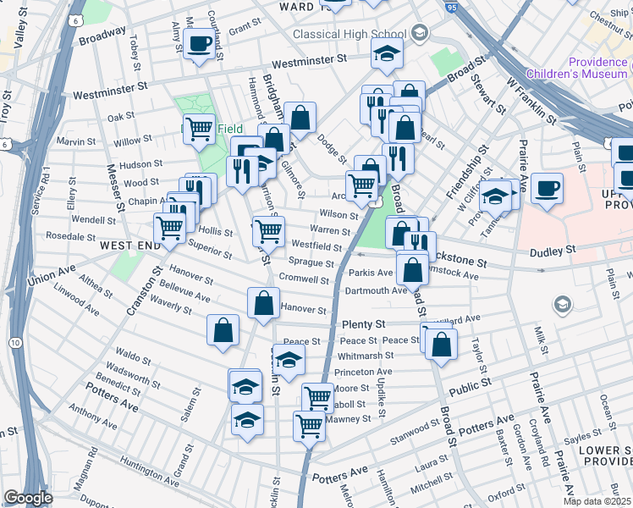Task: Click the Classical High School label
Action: pos(350,35)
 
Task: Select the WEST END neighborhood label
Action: pos(130,245)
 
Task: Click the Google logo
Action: pos(28,498)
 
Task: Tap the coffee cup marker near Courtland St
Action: pos(199,43)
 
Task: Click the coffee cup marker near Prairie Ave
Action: pos(548,187)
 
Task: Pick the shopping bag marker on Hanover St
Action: pos(263,302)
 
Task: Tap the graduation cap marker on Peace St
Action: pos(289,358)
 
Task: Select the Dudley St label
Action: pos(553,251)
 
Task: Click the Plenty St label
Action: pos(363,324)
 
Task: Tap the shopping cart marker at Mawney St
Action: pos(309,425)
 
